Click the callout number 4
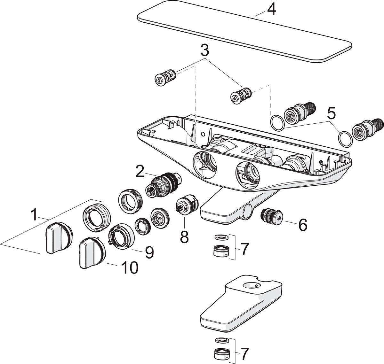pyautogui.click(x=271, y=10)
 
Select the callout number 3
pyautogui.click(x=204, y=50)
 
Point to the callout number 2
pyautogui.click(x=140, y=172)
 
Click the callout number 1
pyautogui.click(x=34, y=214)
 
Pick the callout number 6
pyautogui.click(x=302, y=225)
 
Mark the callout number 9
pyautogui.click(x=148, y=252)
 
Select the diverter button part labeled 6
pyautogui.click(x=272, y=216)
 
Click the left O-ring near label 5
pyautogui.click(x=277, y=123)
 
